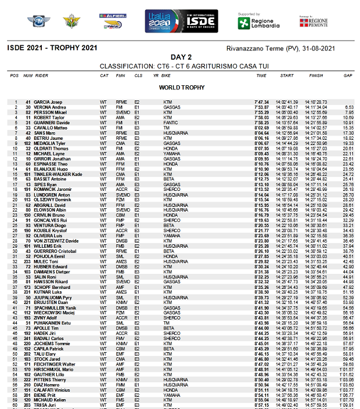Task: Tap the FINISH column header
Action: pyautogui.click(x=316, y=75)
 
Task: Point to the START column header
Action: pyautogui.click(x=287, y=75)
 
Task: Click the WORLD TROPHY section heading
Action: pyautogui.click(x=182, y=88)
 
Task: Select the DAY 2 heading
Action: pyautogui.click(x=180, y=57)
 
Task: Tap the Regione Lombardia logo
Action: pyautogui.click(x=259, y=23)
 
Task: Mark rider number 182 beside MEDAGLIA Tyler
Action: pyautogui.click(x=27, y=143)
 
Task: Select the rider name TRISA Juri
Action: pyautogui.click(x=45, y=406)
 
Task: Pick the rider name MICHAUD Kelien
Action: pyautogui.click(x=51, y=400)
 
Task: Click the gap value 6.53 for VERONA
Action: pyautogui.click(x=349, y=107)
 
